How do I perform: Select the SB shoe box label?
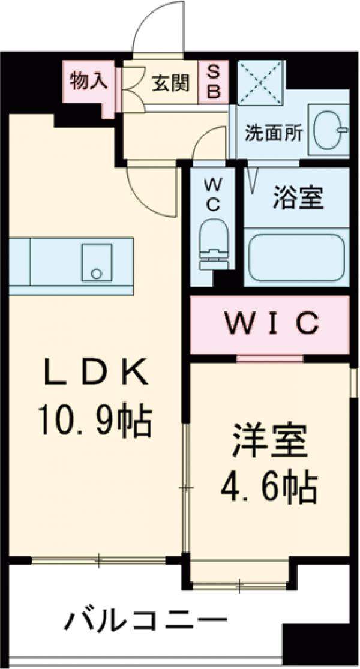tap(214, 82)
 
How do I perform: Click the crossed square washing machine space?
tap(261, 82)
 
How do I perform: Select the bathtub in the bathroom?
tap(296, 257)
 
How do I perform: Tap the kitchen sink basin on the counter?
tap(97, 262)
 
